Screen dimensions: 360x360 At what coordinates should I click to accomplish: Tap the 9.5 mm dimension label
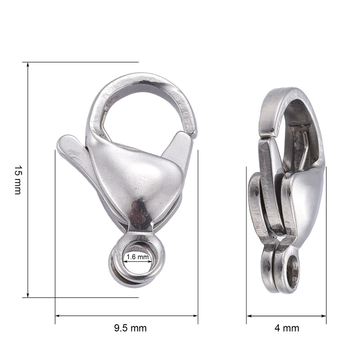click(x=130, y=328)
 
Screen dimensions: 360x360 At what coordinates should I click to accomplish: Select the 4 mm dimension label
click(x=287, y=328)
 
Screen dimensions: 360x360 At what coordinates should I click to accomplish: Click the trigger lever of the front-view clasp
click(x=72, y=151)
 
